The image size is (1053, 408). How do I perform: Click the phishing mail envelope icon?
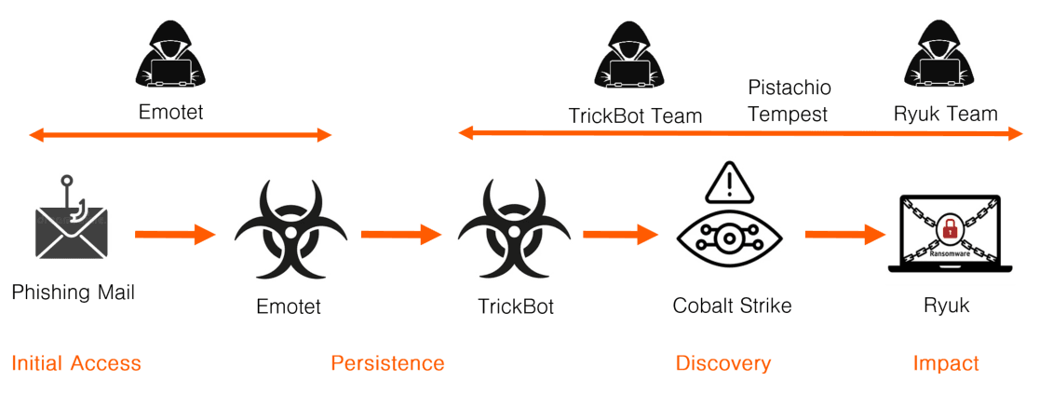[72, 229]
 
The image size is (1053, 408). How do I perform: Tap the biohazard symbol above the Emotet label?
[290, 231]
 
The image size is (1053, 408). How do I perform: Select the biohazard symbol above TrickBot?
[514, 231]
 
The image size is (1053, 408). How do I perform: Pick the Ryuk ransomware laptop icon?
[949, 235]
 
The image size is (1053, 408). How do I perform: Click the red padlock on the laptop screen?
[950, 226]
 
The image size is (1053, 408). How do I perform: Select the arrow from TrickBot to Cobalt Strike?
[621, 234]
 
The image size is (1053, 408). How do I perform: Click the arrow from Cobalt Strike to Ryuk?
[844, 234]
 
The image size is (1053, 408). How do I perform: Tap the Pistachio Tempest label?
[789, 101]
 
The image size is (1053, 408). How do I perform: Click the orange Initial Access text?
[76, 363]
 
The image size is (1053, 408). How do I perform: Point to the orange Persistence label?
[387, 363]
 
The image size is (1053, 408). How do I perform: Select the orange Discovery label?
[723, 363]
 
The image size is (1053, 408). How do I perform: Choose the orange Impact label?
[946, 363]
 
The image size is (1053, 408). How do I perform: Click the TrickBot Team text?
[635, 116]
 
